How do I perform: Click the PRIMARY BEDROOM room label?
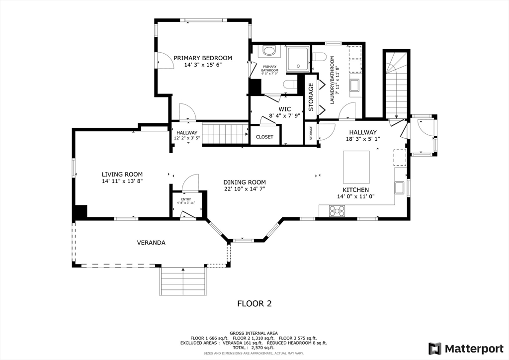pos(202,58)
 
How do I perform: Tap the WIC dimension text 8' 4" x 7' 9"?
pos(284,115)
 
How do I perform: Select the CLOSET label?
pos(264,137)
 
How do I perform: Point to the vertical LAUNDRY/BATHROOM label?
pos(333,80)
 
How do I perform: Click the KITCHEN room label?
pos(355,190)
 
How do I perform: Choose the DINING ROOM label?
pos(244,182)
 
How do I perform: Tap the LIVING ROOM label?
pos(122,174)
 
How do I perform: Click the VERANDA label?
pos(151,243)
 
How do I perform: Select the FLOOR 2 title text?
pos(254,303)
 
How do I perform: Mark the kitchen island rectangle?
pos(356,167)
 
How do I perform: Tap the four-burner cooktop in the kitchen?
pos(338,211)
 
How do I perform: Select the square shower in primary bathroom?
pos(298,59)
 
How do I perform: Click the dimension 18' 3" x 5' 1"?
pos(362,140)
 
